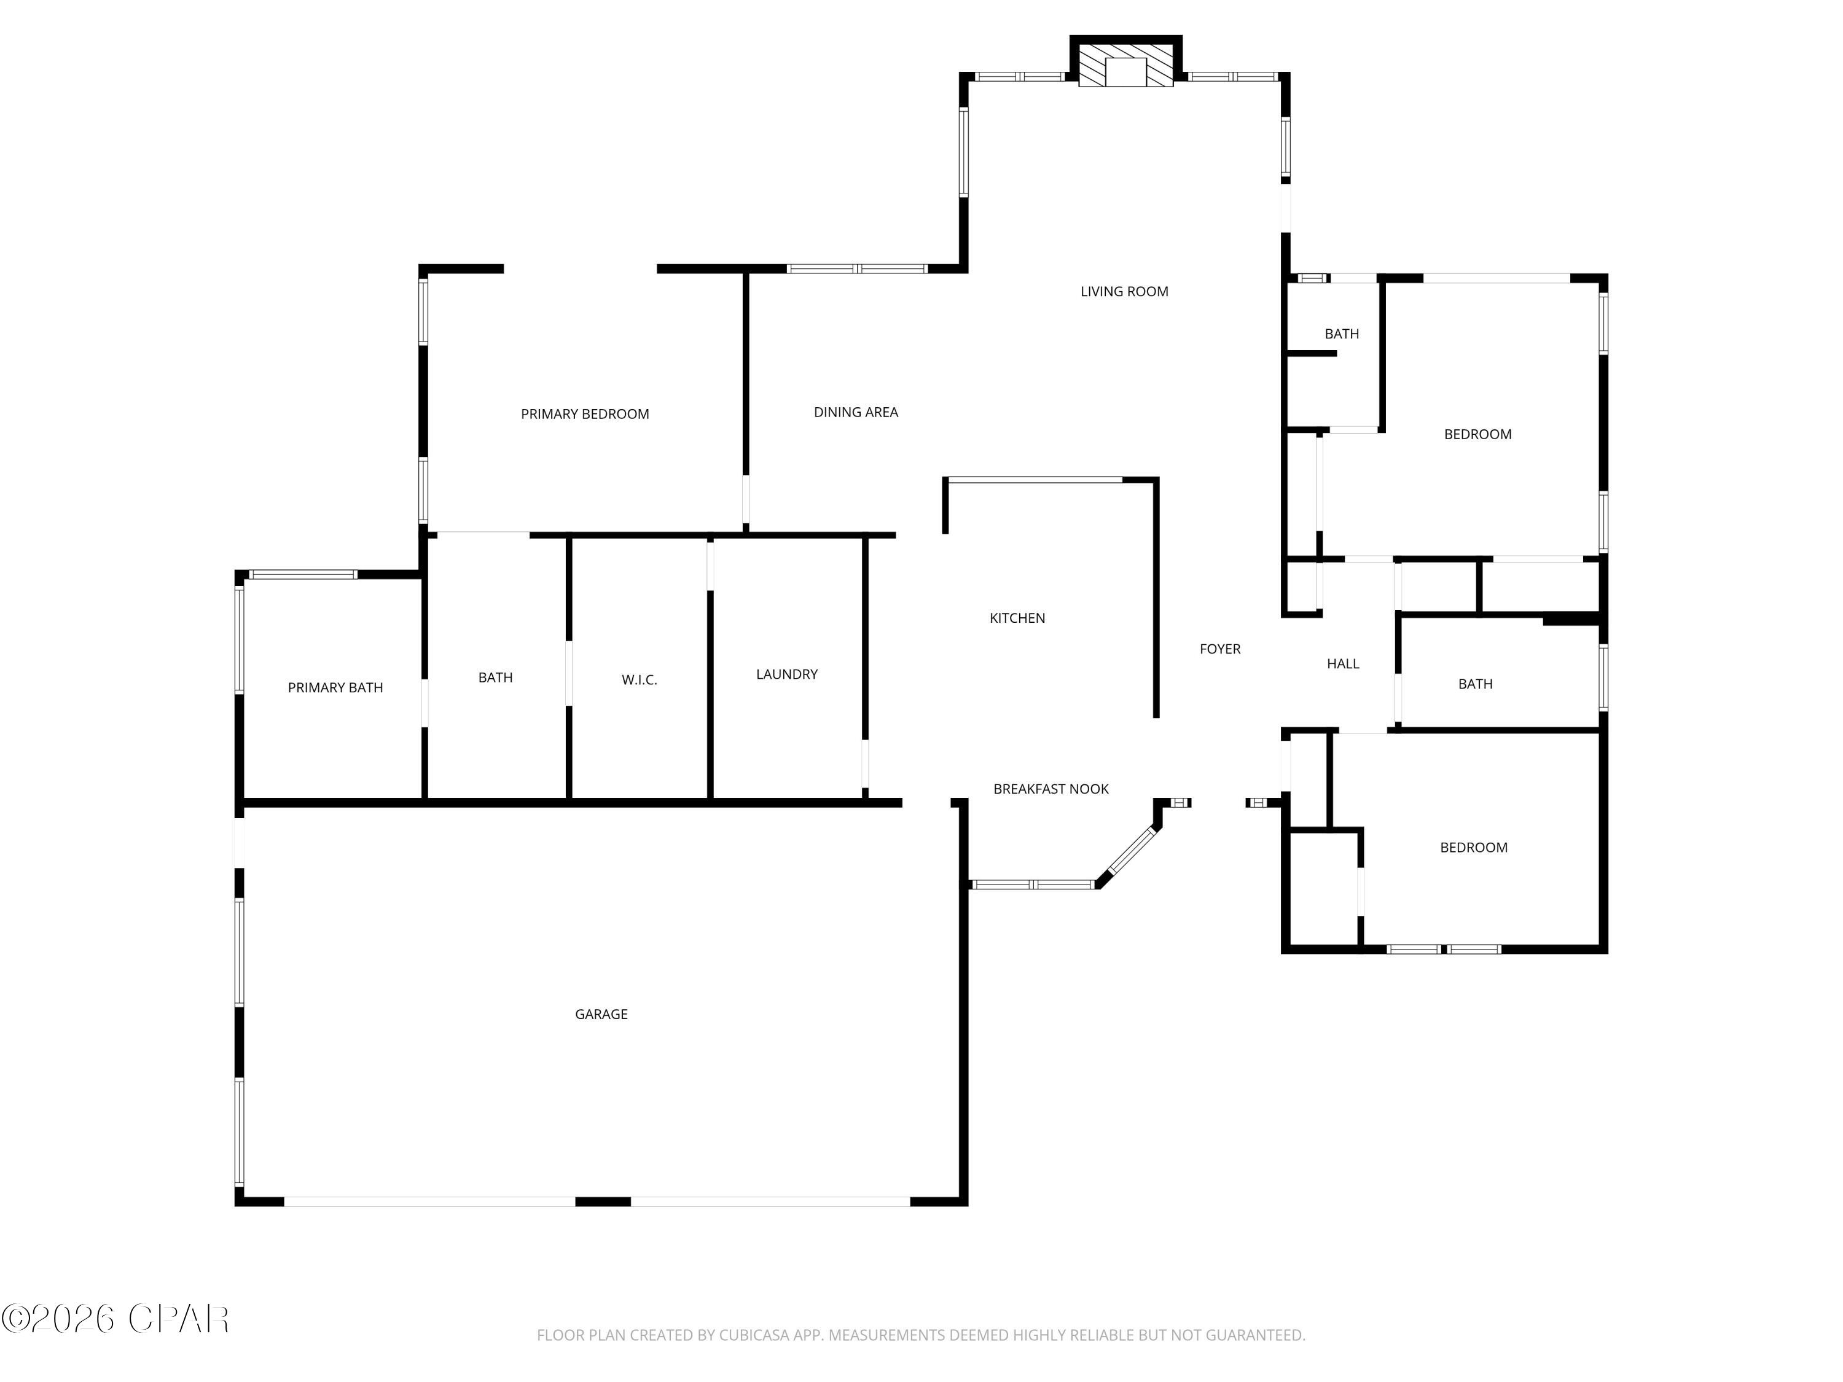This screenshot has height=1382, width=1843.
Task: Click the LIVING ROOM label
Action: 1124,292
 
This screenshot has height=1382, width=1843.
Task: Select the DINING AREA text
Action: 856,412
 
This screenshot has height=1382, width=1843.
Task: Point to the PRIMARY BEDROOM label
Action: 585,414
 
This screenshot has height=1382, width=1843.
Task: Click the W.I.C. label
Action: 639,680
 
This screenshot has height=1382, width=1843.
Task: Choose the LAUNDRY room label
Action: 786,674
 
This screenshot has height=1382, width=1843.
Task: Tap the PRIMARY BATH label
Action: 335,687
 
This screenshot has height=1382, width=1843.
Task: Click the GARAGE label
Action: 601,1014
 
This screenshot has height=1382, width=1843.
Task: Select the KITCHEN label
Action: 1017,618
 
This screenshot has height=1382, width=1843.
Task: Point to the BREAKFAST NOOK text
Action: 1051,789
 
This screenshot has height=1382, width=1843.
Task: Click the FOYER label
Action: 1220,649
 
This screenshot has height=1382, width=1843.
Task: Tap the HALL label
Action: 1342,664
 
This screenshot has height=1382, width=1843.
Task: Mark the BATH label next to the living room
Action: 1342,334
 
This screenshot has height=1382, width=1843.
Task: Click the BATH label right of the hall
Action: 1475,684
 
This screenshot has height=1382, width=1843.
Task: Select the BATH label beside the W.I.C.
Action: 495,677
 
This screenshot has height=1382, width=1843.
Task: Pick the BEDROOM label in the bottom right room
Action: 1473,847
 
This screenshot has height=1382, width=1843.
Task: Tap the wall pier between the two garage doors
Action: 603,1201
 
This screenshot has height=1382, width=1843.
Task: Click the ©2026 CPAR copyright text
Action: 115,1319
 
